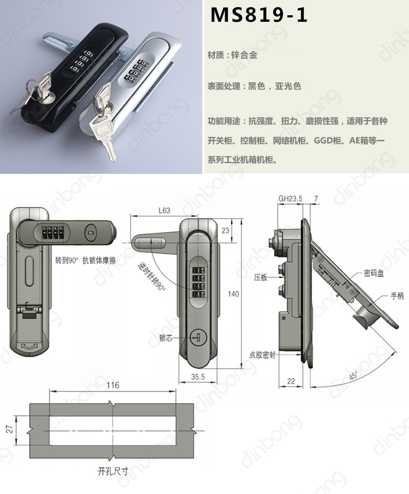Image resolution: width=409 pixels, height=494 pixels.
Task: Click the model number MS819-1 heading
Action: point(258,15)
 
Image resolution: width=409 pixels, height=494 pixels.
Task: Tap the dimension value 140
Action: point(233,294)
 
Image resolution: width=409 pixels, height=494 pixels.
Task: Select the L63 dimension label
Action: point(164,210)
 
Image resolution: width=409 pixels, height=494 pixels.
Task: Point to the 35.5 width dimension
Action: point(198,376)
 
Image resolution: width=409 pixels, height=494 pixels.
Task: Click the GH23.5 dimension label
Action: point(290,198)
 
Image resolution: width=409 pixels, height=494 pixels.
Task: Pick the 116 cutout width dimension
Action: point(113,385)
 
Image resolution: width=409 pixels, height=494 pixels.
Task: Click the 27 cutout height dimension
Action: point(10,429)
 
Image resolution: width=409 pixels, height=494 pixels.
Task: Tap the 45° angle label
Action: point(353,376)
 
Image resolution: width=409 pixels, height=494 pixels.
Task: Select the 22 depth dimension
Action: point(291,381)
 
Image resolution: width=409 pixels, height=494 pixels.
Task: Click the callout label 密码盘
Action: point(374,273)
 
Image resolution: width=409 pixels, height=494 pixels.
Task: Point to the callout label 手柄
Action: point(397,296)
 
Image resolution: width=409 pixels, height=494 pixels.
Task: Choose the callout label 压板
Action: point(261,278)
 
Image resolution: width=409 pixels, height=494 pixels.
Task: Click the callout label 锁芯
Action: point(166,338)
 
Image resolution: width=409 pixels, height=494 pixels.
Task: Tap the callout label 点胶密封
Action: point(262,355)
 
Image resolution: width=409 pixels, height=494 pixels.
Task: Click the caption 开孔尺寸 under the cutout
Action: point(113,472)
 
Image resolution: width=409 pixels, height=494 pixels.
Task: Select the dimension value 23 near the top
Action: point(225,231)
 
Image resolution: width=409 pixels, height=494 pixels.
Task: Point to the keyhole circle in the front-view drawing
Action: point(196,338)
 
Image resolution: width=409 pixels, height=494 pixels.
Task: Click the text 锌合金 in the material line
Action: point(244,55)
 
